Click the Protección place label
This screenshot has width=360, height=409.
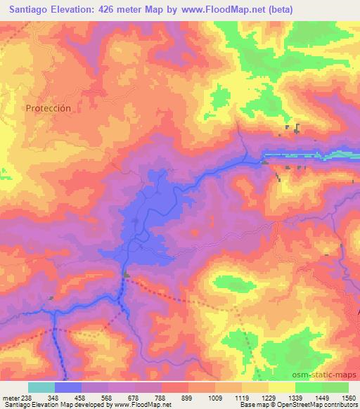tap(49, 108)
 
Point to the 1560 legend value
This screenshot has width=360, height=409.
tap(347, 398)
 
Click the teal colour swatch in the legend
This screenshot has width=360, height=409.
tap(41, 387)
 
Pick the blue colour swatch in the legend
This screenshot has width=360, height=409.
tap(68, 387)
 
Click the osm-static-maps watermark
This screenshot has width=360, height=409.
tap(329, 375)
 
